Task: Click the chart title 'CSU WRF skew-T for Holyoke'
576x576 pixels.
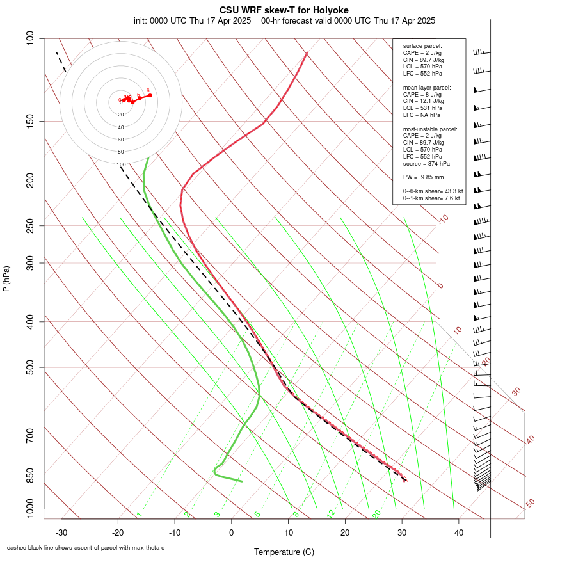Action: (284, 10)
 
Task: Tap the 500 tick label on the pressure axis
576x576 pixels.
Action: (30, 367)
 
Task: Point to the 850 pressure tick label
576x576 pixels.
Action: (30, 476)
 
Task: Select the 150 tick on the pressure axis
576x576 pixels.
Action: (30, 121)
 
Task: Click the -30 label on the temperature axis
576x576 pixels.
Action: (61, 532)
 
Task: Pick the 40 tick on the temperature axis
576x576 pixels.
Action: (458, 532)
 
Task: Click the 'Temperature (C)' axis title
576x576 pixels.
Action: (284, 552)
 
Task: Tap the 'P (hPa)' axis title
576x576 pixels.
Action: (6, 278)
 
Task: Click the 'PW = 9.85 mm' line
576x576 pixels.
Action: (423, 177)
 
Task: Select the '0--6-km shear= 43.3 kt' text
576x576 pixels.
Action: (433, 191)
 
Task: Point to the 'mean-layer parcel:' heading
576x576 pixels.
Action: (427, 87)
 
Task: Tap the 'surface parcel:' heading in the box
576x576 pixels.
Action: (422, 46)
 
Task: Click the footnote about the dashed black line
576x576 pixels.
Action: (86, 548)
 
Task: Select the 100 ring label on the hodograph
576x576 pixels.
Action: (121, 164)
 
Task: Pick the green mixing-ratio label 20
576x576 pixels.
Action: (376, 514)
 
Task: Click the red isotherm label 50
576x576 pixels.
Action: (530, 503)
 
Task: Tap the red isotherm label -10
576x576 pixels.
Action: (443, 220)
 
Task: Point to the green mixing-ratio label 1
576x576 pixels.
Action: (139, 514)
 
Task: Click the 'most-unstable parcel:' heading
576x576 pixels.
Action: (430, 129)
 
